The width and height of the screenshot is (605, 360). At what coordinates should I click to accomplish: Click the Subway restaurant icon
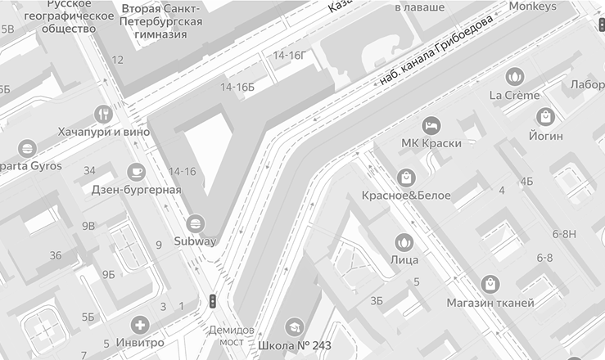pyautogui.click(x=196, y=223)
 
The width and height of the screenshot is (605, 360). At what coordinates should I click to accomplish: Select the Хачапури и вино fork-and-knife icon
pyautogui.click(x=104, y=113)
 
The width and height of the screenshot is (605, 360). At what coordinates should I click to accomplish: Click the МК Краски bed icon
pyautogui.click(x=431, y=125)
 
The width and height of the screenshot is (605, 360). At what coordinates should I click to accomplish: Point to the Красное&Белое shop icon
pyautogui.click(x=406, y=177)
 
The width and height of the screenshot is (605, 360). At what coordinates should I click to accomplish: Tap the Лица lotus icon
pyautogui.click(x=404, y=241)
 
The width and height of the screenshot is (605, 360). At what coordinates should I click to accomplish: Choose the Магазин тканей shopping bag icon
pyautogui.click(x=490, y=285)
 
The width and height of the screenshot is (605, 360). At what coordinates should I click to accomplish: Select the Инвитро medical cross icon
pyautogui.click(x=141, y=324)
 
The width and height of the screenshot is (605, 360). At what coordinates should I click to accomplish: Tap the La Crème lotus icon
pyautogui.click(x=514, y=76)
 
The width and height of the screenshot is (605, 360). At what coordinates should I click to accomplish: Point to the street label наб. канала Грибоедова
pyautogui.click(x=436, y=50)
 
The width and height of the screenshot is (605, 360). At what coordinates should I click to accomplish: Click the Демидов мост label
pyautogui.click(x=227, y=335)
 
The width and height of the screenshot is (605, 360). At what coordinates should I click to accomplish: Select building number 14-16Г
pyautogui.click(x=289, y=55)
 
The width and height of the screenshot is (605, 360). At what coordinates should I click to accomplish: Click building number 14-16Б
pyautogui.click(x=237, y=87)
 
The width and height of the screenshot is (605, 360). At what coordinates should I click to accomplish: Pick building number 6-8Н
pyautogui.click(x=565, y=233)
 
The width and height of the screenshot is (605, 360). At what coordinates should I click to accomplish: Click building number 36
pyautogui.click(x=56, y=255)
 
